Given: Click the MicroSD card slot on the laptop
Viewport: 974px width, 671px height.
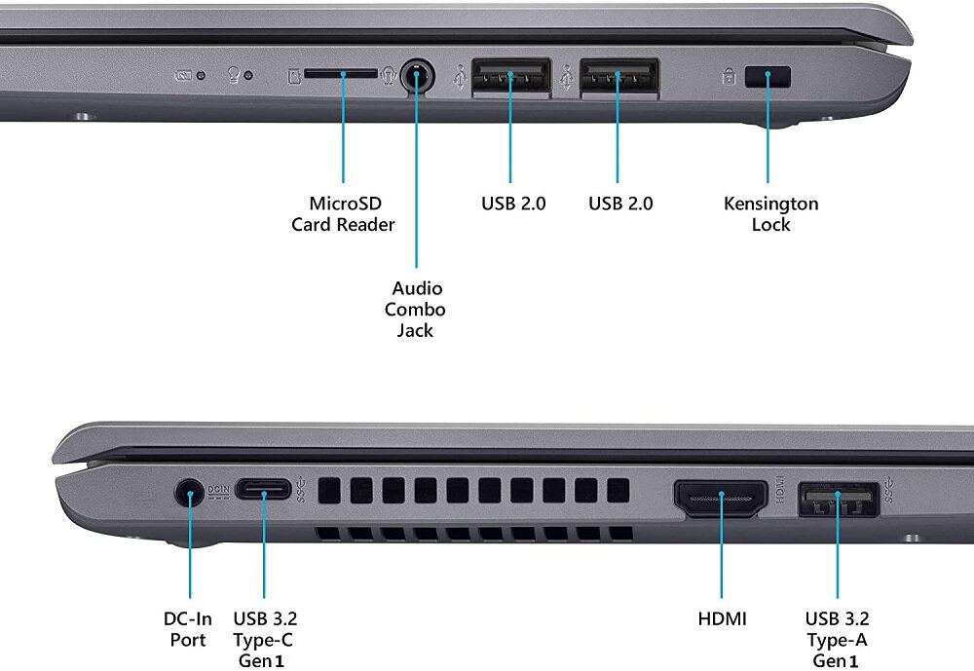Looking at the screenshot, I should click(x=340, y=73).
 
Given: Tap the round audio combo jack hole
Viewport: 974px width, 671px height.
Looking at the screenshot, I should click(x=417, y=76).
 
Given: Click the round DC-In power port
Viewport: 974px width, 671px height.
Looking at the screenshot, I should click(x=189, y=493).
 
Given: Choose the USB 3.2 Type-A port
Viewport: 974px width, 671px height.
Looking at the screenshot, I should click(x=838, y=500).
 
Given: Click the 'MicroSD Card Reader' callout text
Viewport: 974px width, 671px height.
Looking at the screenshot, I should click(x=344, y=214).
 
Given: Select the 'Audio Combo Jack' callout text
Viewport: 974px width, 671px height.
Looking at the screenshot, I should click(x=417, y=310).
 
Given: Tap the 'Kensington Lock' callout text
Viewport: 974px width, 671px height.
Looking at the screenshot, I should click(x=770, y=214).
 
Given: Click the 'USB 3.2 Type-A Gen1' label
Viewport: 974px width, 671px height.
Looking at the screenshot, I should click(x=838, y=640).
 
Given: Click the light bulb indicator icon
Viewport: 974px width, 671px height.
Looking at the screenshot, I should click(x=234, y=75).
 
